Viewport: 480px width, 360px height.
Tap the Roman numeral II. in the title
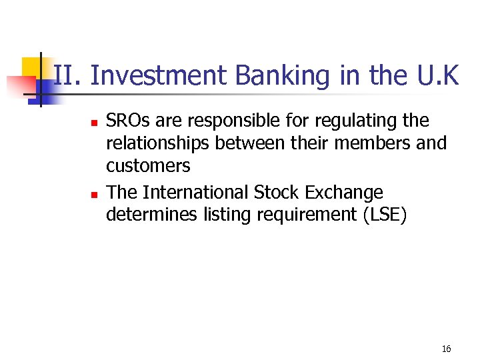tap(67, 76)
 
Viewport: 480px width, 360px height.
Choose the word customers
tap(148, 166)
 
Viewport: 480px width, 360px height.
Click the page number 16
tap(446, 349)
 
